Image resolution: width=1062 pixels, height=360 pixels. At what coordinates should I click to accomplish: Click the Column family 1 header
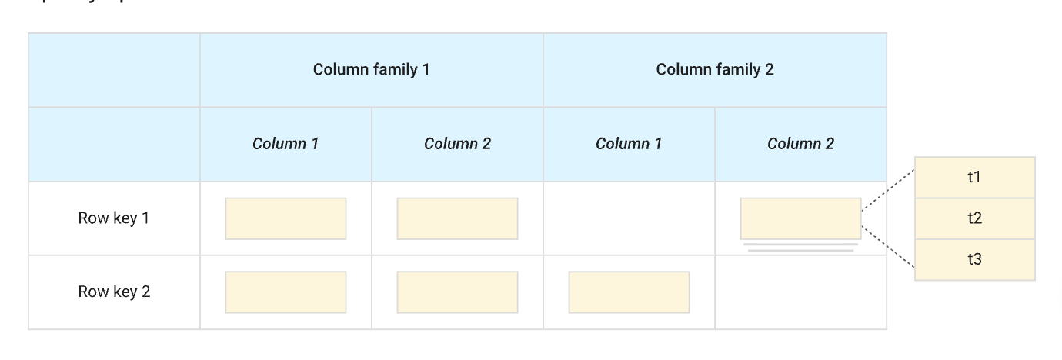tap(371, 70)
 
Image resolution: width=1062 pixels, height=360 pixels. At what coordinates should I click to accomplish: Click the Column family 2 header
tap(714, 70)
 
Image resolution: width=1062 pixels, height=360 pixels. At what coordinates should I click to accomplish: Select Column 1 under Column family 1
tap(286, 144)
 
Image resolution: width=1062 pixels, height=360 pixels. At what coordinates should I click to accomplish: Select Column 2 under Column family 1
tap(457, 144)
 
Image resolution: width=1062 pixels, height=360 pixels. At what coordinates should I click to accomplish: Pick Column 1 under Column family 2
tap(629, 144)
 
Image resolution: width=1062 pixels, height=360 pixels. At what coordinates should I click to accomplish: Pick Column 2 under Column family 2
tap(800, 144)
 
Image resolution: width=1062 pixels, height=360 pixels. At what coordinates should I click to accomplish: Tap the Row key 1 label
tap(114, 218)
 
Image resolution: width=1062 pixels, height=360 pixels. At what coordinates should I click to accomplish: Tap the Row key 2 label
tap(114, 292)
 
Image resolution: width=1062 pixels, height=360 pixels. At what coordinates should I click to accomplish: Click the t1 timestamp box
tap(974, 178)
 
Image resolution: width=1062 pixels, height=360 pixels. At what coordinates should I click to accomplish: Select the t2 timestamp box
tap(974, 218)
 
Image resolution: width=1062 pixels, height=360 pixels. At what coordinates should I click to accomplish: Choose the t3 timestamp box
tap(974, 259)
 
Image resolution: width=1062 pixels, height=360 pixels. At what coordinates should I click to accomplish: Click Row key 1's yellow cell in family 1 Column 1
tap(286, 218)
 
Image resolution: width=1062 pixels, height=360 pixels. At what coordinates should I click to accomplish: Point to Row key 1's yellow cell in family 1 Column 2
tap(457, 218)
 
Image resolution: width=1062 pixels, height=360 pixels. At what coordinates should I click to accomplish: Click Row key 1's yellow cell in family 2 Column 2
tap(800, 218)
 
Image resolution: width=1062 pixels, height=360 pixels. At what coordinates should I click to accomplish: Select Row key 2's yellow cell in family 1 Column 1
tap(286, 292)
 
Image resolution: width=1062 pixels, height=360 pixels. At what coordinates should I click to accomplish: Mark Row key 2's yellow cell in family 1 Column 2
tap(457, 292)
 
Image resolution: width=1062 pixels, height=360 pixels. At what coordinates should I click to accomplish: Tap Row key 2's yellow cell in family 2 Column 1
tap(629, 292)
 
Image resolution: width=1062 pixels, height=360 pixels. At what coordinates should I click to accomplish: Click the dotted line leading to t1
tap(887, 190)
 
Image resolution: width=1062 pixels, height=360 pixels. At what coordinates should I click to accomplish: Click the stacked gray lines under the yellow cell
tap(800, 248)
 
